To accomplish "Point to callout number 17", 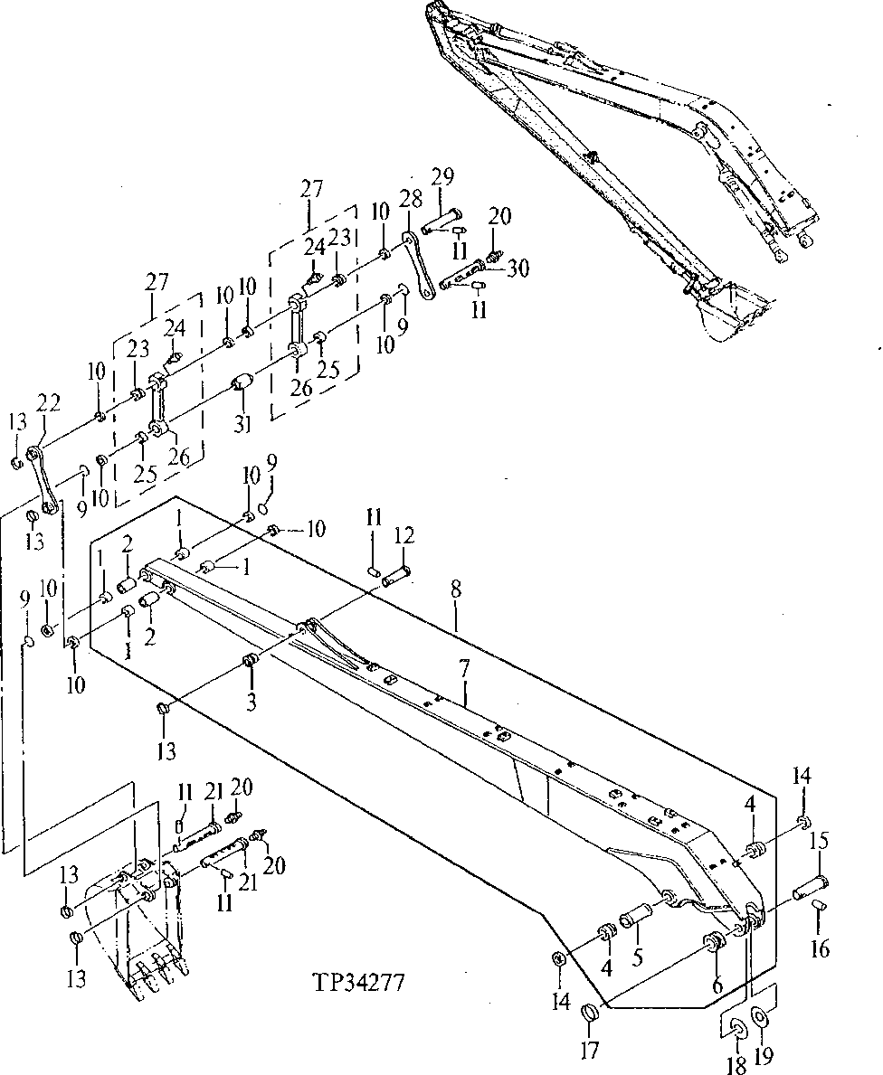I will (591, 1051).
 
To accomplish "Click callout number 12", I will (404, 536).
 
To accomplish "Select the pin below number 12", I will (397, 576).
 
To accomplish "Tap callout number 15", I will (819, 840).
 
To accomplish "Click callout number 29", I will (442, 175).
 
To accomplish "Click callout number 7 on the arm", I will (464, 671).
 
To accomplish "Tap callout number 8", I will (456, 590).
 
